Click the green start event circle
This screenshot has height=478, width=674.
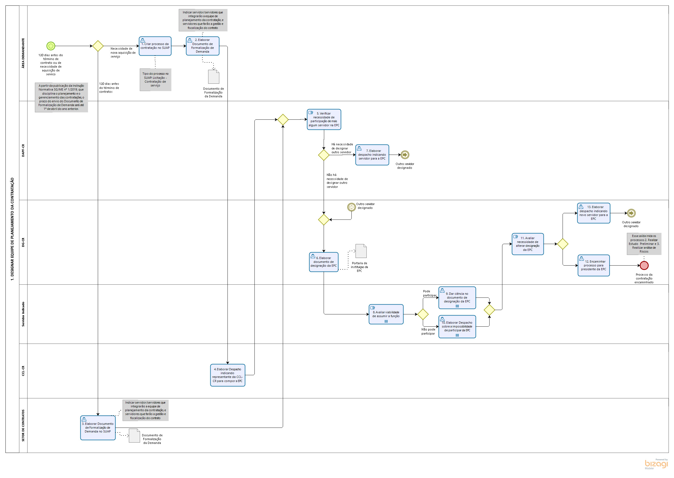point(51,46)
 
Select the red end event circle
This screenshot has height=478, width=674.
point(644,265)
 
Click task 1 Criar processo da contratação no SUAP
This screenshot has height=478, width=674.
point(155,46)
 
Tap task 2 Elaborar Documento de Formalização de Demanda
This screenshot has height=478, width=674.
point(202,46)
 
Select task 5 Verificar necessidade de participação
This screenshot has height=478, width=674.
point(323,119)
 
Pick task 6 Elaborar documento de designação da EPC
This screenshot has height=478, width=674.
point(323,262)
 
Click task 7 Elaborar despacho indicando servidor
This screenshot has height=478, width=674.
point(372,155)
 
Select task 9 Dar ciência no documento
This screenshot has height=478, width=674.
point(457,297)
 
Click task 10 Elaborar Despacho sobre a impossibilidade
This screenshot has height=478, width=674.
point(457,326)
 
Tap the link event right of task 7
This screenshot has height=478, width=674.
point(405,155)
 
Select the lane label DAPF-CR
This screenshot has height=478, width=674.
point(23,150)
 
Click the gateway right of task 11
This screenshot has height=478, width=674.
point(562,244)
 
